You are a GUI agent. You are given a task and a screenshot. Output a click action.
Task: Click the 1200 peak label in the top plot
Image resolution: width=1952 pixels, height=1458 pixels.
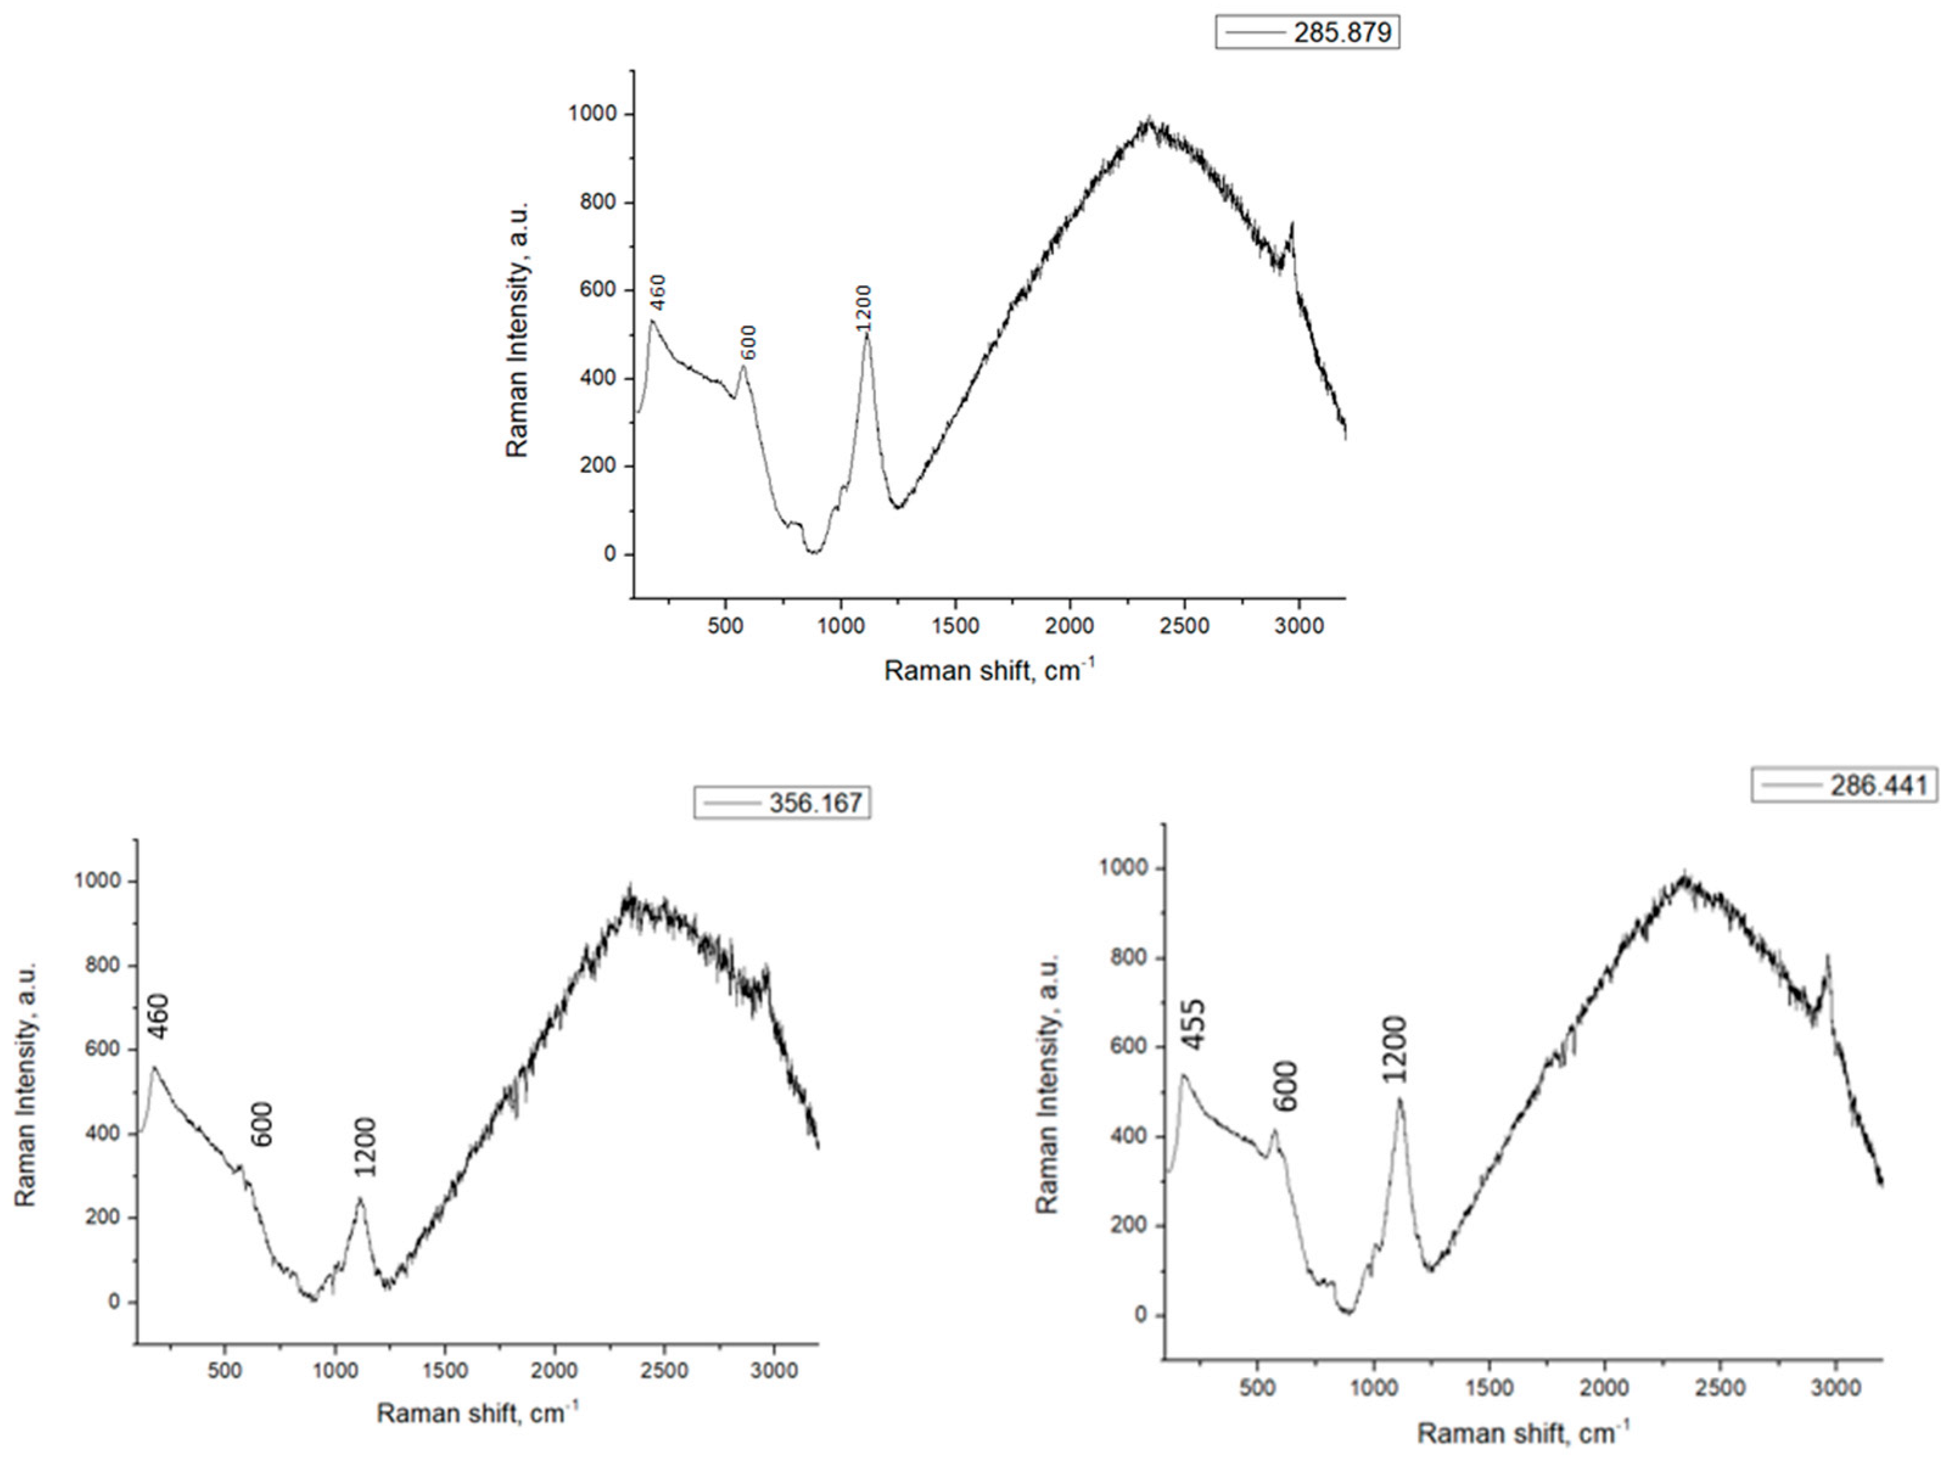(x=862, y=308)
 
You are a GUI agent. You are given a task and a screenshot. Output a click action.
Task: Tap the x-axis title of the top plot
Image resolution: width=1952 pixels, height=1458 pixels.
(x=988, y=671)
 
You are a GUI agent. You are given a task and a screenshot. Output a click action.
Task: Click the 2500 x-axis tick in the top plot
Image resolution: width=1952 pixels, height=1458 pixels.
(x=1184, y=626)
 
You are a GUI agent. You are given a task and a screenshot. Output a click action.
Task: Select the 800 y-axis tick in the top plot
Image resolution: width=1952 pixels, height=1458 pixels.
(x=598, y=203)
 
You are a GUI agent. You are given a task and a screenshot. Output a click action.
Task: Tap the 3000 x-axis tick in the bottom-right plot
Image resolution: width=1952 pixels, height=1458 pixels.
(x=1836, y=1387)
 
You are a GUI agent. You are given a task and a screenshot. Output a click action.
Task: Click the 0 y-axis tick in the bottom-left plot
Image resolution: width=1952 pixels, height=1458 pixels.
(x=114, y=1302)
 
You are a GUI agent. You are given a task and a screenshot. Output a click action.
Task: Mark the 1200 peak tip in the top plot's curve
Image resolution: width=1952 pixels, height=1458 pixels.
(x=866, y=333)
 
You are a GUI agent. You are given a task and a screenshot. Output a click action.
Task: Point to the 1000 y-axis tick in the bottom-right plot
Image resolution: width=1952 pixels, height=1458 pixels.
(x=1123, y=868)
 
